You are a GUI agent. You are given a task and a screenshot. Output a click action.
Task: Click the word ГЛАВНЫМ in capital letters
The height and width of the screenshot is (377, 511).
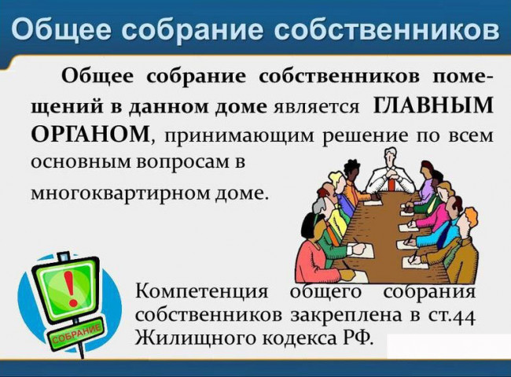[432, 105]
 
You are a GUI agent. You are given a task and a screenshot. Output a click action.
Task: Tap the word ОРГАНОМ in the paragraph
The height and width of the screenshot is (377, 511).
[91, 134]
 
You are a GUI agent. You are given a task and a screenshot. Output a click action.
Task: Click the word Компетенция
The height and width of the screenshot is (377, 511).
[201, 291]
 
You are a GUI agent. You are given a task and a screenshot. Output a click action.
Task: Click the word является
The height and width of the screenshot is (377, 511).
[316, 107]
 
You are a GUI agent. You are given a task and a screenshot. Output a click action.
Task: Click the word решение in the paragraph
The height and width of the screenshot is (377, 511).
[365, 136]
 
